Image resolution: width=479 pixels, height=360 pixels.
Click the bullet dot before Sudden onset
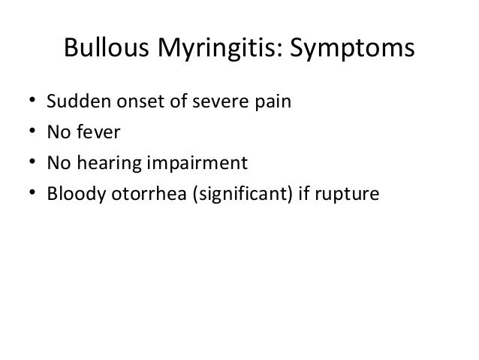point(31,101)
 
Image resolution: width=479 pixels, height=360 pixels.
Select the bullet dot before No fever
point(31,133)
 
